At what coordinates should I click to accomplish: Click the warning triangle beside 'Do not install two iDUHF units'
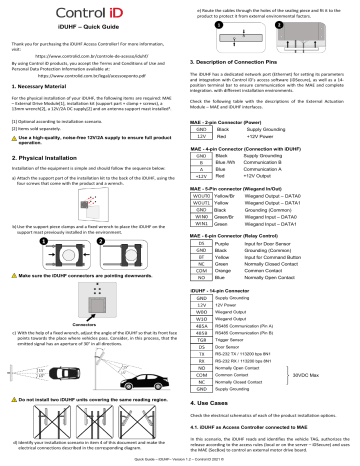click(x=13, y=370)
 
